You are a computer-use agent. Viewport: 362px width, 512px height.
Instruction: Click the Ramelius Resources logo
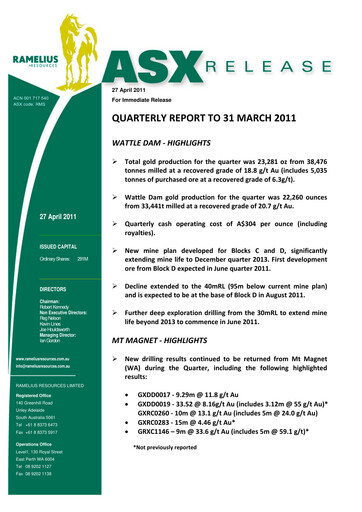[x=49, y=59]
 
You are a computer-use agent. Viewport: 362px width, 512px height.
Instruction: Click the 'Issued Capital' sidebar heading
[x=53, y=244]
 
